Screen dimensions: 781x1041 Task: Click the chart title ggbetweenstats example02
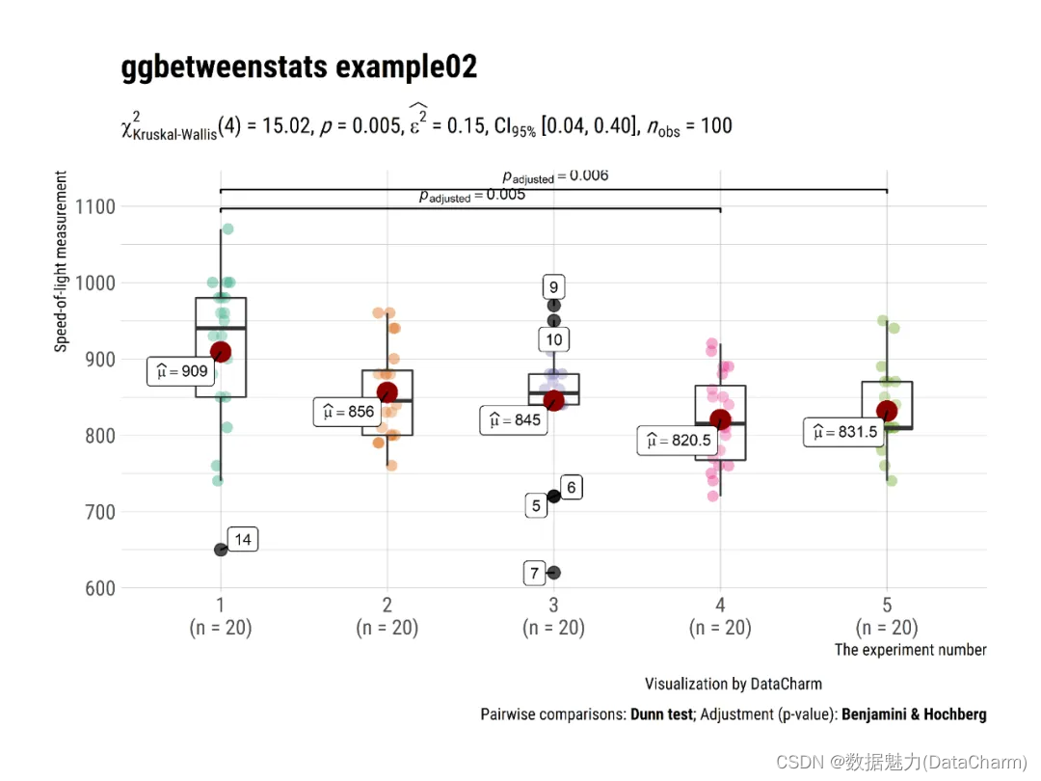[x=299, y=67]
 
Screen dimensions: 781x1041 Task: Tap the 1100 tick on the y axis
[x=93, y=206]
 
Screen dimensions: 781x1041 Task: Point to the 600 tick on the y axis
[x=96, y=588]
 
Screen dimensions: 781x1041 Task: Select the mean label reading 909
[x=181, y=371]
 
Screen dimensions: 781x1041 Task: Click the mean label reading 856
[x=348, y=412]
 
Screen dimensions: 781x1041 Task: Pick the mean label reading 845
[x=514, y=420]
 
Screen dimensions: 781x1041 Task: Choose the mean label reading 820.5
[x=679, y=441]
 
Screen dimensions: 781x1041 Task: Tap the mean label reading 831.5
[x=844, y=432]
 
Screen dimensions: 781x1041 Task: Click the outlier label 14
[x=243, y=540]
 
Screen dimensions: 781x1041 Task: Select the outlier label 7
[x=535, y=573]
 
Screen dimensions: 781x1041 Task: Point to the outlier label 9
[x=553, y=286]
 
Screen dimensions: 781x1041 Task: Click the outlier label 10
[x=553, y=339]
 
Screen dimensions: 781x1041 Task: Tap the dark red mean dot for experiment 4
[x=720, y=419]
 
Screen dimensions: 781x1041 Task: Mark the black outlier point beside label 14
[x=221, y=550]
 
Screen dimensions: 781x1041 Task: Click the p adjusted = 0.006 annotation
[x=555, y=176]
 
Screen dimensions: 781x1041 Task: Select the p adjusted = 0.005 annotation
[x=471, y=196]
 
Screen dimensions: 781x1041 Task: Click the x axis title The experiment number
[x=910, y=650]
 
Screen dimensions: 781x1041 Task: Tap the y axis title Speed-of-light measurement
[x=62, y=261]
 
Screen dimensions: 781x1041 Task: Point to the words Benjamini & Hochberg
[x=914, y=714]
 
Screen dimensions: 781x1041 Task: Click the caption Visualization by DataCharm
[x=734, y=684]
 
